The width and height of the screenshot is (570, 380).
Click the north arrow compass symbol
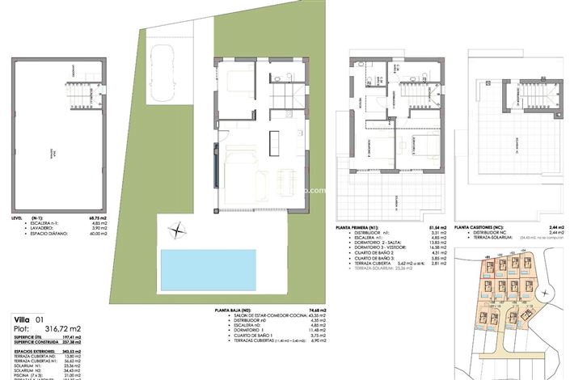coord(177,232)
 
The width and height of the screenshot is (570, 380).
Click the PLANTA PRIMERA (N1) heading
coord(367,229)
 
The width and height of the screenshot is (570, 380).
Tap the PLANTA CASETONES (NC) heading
coord(483,229)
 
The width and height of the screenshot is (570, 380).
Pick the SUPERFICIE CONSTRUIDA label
coord(36,342)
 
